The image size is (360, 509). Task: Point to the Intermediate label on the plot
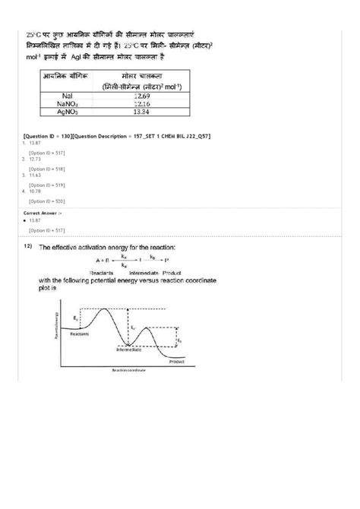coord(128,349)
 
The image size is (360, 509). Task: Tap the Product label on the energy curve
coord(177,362)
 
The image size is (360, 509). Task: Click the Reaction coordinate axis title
coord(128,371)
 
